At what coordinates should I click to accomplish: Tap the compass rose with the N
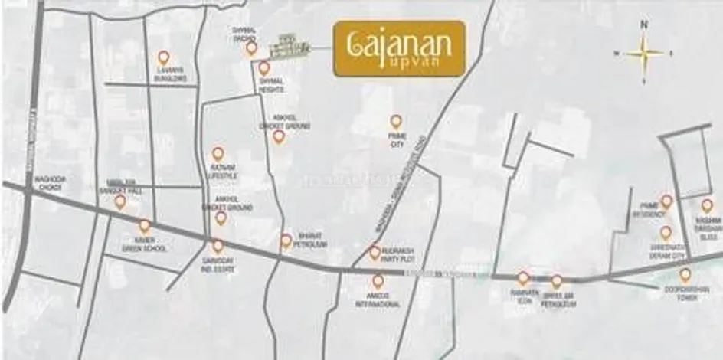click(x=644, y=53)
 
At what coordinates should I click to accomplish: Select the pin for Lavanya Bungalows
click(x=163, y=57)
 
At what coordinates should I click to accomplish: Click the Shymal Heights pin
click(x=263, y=68)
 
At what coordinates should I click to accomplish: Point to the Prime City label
click(x=396, y=139)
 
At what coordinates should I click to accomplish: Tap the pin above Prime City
click(x=396, y=121)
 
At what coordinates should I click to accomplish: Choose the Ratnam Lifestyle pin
click(x=218, y=154)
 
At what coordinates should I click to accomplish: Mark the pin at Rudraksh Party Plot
click(x=375, y=251)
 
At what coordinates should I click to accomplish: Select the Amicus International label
click(x=379, y=300)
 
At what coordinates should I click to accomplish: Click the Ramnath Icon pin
click(x=523, y=278)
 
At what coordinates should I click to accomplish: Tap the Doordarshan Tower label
click(x=684, y=292)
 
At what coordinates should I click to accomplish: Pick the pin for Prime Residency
click(x=666, y=201)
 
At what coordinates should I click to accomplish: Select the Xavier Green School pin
click(x=144, y=226)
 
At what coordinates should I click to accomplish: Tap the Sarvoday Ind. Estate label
click(x=217, y=265)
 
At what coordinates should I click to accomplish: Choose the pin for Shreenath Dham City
click(x=666, y=232)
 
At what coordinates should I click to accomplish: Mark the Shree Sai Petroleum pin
click(x=557, y=281)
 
